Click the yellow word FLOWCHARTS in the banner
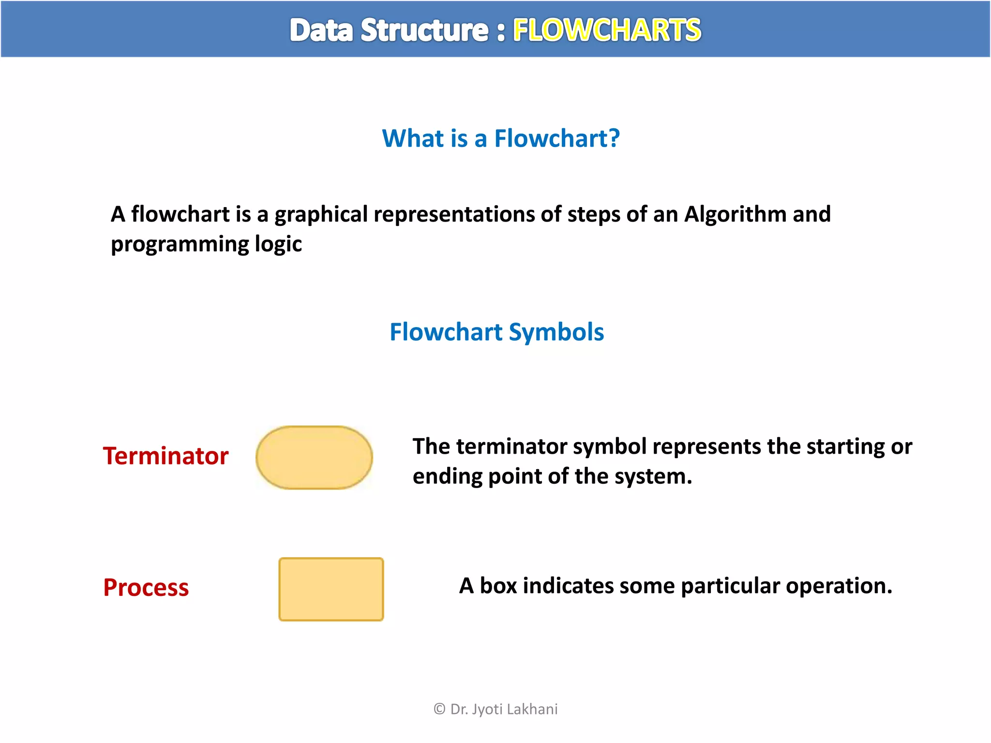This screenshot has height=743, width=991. [607, 30]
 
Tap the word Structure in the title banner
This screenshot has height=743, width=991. [424, 30]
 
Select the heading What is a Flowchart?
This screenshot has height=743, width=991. [500, 138]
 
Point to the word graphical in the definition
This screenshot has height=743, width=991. [321, 214]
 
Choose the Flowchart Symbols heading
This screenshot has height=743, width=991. [496, 332]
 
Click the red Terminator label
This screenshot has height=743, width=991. [165, 456]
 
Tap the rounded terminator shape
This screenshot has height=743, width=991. [314, 458]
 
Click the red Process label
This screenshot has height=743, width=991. [146, 588]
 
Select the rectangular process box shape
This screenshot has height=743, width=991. [331, 589]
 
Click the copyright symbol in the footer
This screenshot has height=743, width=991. [439, 709]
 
